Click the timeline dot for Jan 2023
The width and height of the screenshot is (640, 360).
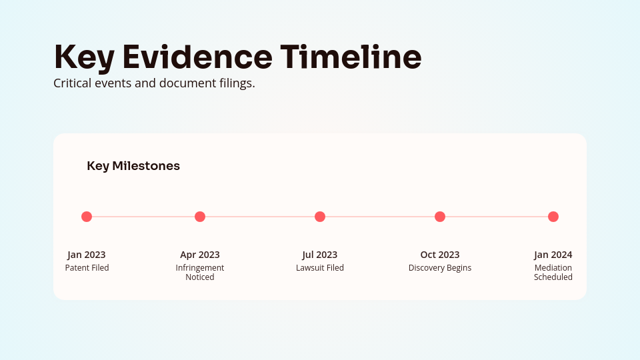click(x=87, y=217)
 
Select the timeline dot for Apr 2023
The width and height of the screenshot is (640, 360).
click(x=200, y=217)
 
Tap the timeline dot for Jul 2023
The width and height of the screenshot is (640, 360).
click(x=320, y=217)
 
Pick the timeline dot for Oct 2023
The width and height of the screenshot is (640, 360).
click(x=440, y=217)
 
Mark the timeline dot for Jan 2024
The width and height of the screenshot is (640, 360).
click(x=553, y=217)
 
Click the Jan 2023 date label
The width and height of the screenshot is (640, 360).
click(x=87, y=255)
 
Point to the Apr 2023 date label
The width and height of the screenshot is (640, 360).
click(x=200, y=255)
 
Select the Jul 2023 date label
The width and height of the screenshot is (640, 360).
click(x=320, y=255)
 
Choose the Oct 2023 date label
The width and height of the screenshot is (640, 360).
click(x=440, y=255)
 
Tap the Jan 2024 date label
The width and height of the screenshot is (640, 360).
click(x=553, y=255)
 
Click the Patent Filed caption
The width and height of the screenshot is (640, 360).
click(x=87, y=268)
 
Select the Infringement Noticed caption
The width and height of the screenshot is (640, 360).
click(x=200, y=273)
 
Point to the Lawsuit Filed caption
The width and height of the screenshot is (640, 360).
click(x=320, y=268)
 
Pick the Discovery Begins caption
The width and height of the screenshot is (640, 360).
click(x=440, y=268)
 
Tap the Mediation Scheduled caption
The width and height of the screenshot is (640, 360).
click(x=553, y=273)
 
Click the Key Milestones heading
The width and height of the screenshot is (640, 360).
click(x=133, y=166)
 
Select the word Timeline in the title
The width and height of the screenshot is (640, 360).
click(x=351, y=57)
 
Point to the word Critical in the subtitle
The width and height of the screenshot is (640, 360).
click(x=72, y=84)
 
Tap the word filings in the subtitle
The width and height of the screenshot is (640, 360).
click(x=237, y=85)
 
